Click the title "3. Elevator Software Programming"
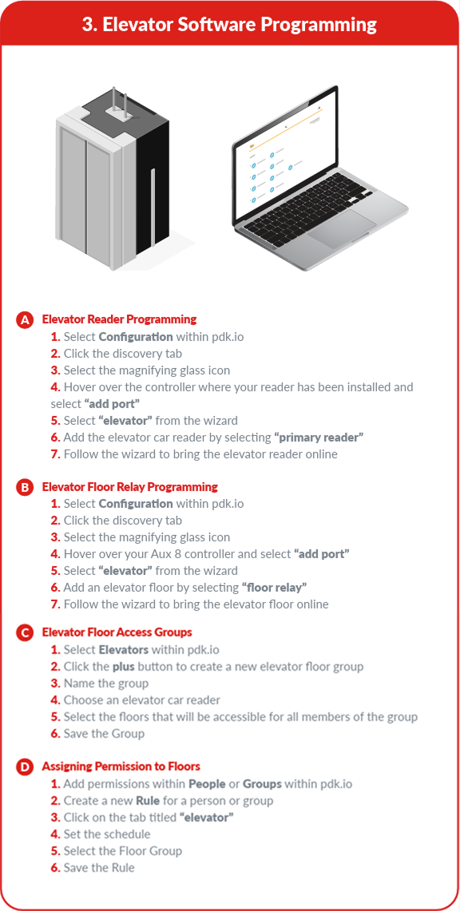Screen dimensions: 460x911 pyautogui.click(x=229, y=25)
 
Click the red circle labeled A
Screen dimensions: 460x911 pyautogui.click(x=25, y=321)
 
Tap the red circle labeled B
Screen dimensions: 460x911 pyautogui.click(x=25, y=488)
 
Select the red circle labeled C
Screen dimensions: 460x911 pyautogui.click(x=25, y=632)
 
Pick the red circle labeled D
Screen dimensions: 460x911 pyautogui.click(x=25, y=768)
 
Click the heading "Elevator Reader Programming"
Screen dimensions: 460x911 pyautogui.click(x=119, y=319)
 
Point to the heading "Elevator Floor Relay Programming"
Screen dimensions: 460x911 pyautogui.click(x=129, y=487)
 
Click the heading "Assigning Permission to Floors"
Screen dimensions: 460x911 pyautogui.click(x=121, y=767)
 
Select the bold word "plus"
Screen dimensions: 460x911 pyautogui.click(x=124, y=667)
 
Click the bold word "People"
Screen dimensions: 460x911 pyautogui.click(x=207, y=784)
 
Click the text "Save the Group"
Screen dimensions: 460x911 pyautogui.click(x=104, y=734)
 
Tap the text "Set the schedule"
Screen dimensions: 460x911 pyautogui.click(x=107, y=834)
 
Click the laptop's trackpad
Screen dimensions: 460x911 pyautogui.click(x=343, y=228)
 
